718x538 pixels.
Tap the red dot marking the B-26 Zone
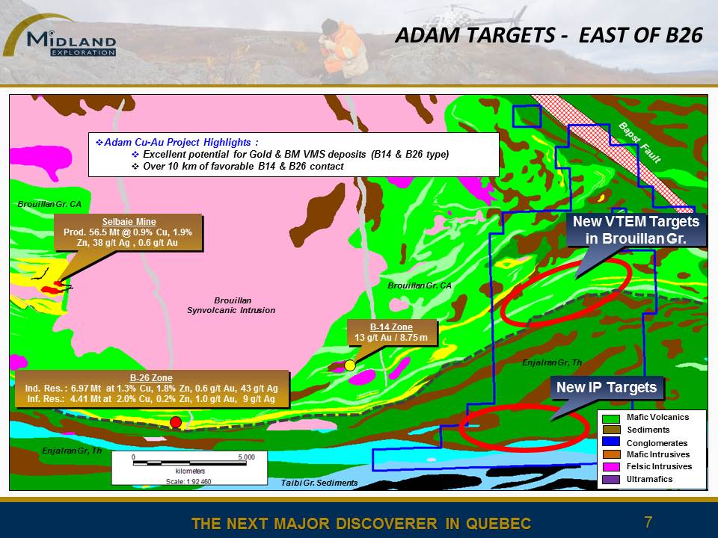tap(175, 422)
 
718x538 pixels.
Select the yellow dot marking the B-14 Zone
tap(350, 365)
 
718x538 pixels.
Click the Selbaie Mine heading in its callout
tap(129, 222)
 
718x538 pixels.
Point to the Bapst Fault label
tap(640, 143)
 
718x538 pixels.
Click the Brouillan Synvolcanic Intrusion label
tap(231, 305)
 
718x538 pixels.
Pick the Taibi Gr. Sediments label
tap(319, 483)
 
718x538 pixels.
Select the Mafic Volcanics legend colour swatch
tap(611, 418)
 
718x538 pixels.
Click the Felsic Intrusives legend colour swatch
tap(611, 467)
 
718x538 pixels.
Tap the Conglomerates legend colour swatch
tap(611, 442)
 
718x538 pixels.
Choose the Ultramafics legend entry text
tap(649, 479)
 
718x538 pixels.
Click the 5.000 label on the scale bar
tap(246, 457)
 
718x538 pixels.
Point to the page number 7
tap(648, 522)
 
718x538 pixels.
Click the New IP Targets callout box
tap(607, 388)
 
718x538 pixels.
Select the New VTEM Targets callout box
tap(636, 230)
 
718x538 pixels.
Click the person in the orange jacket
tap(341, 49)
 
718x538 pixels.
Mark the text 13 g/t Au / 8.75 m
tap(391, 338)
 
